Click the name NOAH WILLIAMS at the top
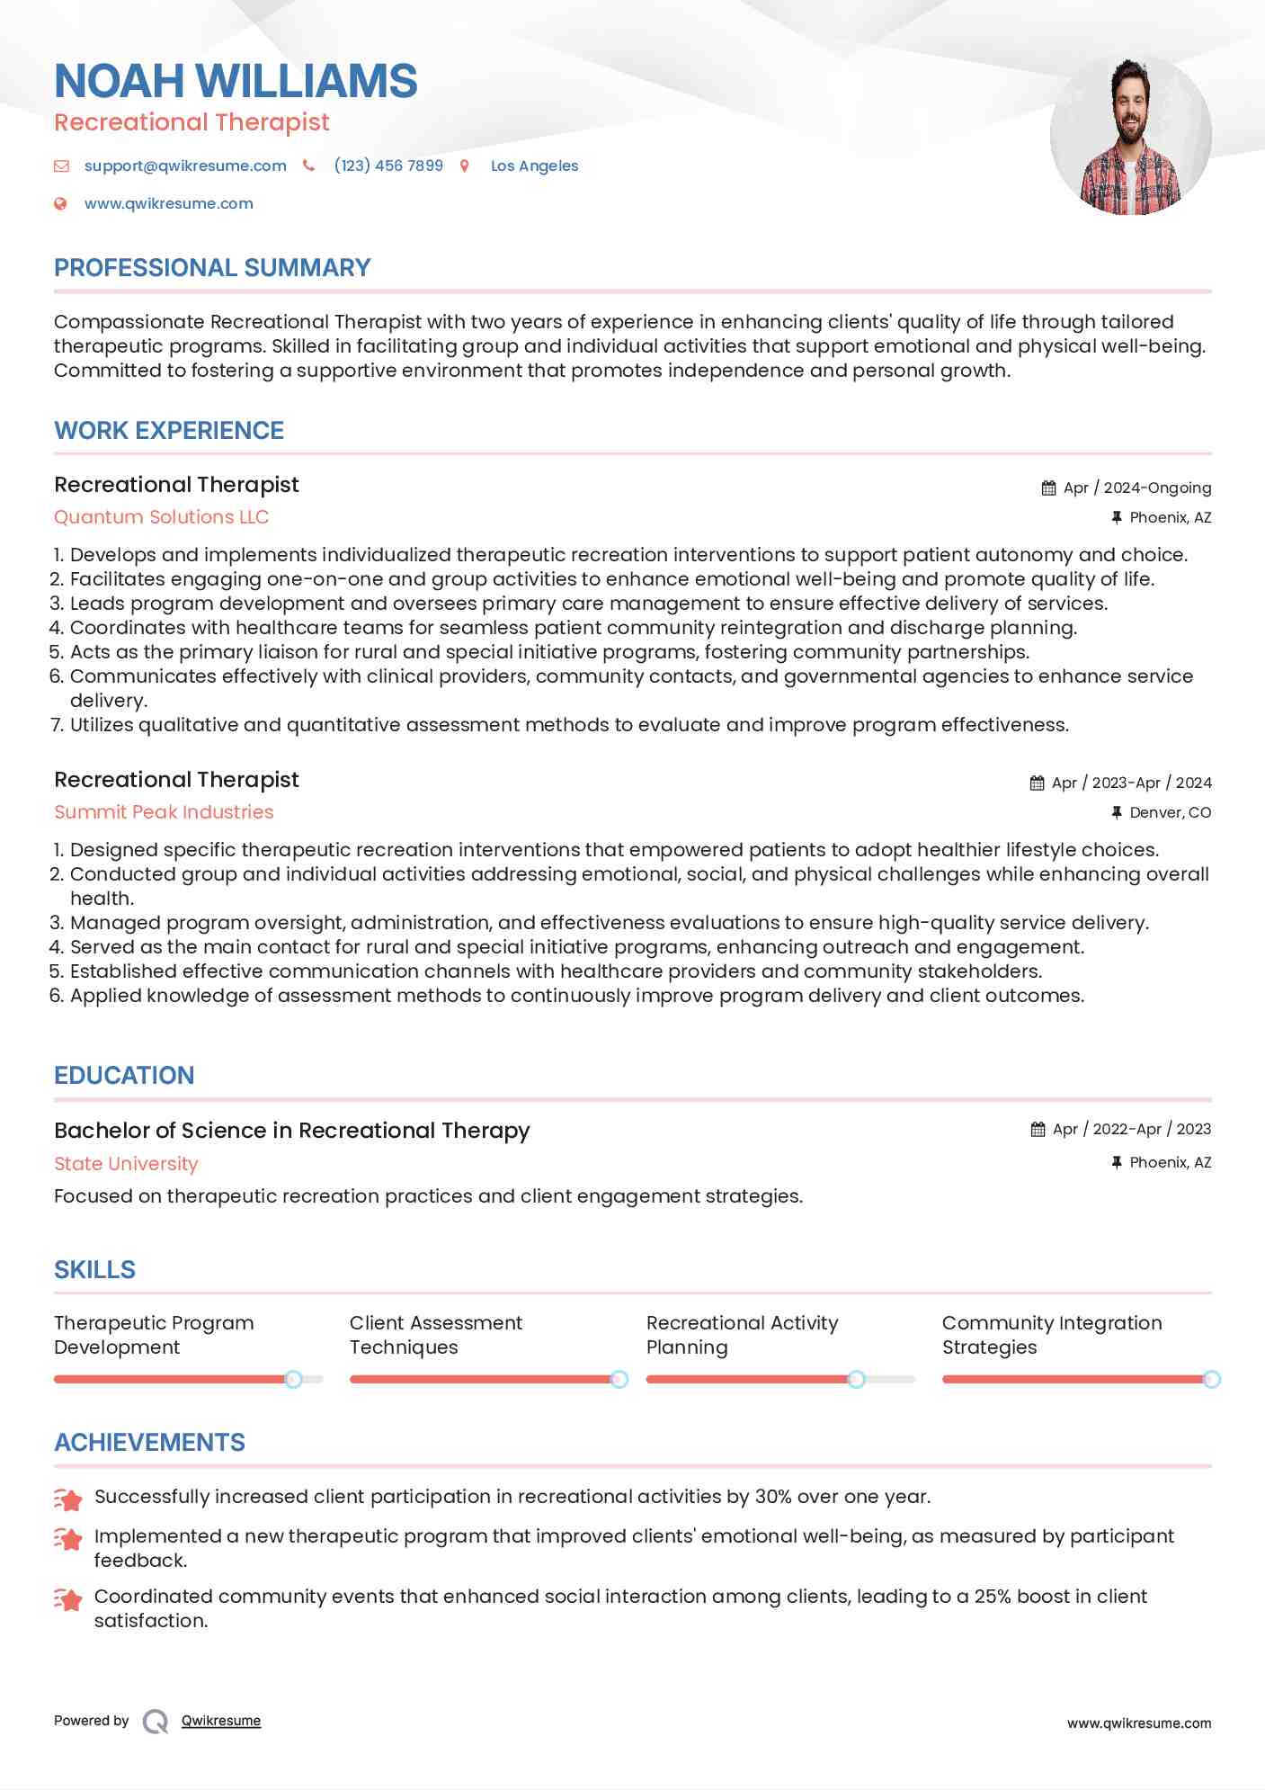236,81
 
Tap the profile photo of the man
1130,136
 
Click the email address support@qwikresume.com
185,166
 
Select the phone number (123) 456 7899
388,166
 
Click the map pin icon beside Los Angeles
465,166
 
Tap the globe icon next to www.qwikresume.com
60,203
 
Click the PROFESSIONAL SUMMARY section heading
212,268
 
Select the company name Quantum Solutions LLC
161,517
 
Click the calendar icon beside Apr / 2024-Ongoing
1048,488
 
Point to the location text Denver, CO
1170,812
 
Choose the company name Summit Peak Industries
164,812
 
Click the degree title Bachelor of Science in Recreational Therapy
291,1131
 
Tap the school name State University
126,1164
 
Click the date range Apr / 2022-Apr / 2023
1131,1129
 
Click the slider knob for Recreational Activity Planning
856,1379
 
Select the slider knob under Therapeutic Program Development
293,1379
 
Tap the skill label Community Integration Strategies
1051,1335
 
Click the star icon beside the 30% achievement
68,1499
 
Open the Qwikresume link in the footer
221,1721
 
